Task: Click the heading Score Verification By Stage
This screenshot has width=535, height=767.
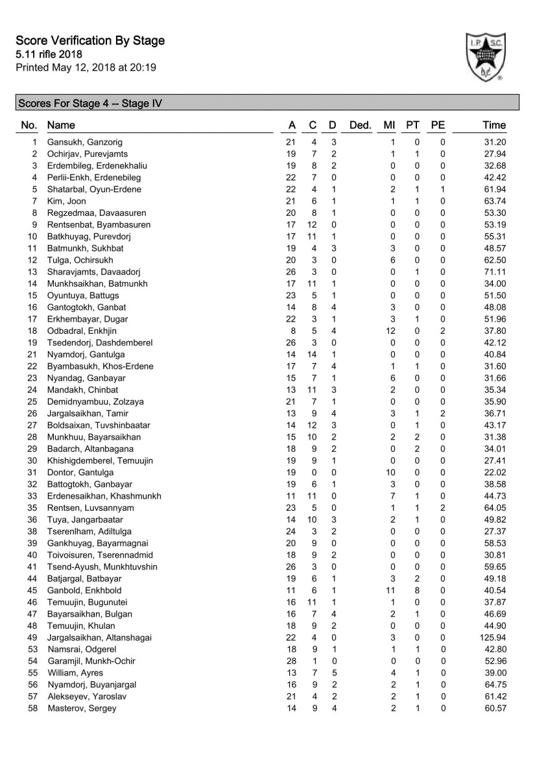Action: click(90, 41)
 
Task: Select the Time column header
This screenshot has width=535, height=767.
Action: click(494, 125)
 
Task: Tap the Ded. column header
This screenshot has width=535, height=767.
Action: click(359, 125)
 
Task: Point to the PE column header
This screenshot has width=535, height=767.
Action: click(438, 125)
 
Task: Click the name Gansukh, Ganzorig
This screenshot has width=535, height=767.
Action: click(85, 142)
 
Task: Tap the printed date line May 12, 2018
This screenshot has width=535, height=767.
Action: click(86, 67)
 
